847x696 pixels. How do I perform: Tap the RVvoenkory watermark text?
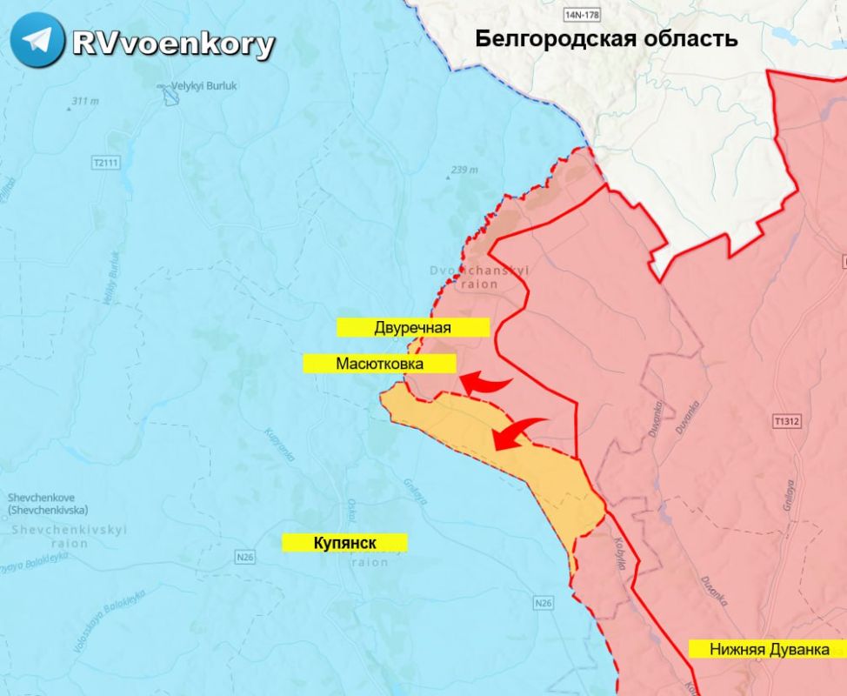tap(173, 43)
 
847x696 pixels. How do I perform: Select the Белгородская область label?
tap(606, 38)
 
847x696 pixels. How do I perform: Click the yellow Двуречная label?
tap(413, 327)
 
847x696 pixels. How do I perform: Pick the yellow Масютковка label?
tap(380, 364)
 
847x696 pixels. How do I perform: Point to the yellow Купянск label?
tap(344, 542)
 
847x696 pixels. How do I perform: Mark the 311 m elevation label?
tap(84, 102)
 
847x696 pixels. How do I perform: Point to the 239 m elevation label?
tap(464, 170)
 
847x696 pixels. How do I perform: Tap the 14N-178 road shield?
tap(582, 16)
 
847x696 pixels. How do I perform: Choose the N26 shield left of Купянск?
tap(245, 554)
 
